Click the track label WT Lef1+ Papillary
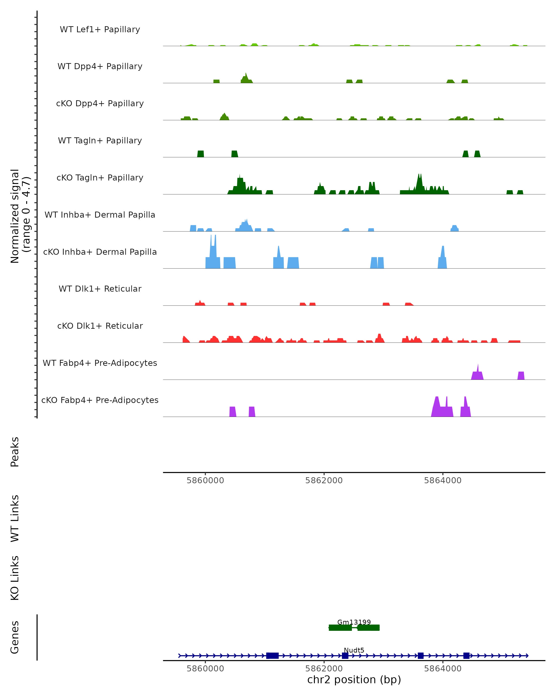pos(100,29)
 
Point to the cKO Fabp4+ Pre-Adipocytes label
pos(100,400)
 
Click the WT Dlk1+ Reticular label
pos(100,289)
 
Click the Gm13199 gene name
pos(354,622)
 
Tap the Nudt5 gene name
pos(354,650)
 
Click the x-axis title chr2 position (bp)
pos(354,680)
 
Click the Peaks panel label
pos(15,452)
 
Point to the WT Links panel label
pos(15,518)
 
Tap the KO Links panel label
pos(15,578)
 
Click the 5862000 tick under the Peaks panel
pos(324,480)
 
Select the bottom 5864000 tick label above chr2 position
pos(442,669)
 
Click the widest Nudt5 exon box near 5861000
pos(272,656)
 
